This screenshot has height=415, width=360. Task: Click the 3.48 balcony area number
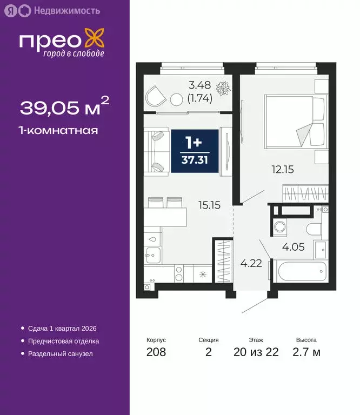[x=199, y=85]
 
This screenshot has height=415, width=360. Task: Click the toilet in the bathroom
[x=314, y=227]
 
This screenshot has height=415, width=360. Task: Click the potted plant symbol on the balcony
[x=222, y=88]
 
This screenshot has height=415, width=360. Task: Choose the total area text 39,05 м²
[x=64, y=108]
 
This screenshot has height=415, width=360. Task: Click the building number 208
[x=156, y=353]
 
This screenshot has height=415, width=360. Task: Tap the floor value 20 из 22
[x=256, y=353]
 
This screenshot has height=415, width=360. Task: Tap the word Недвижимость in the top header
[x=66, y=10]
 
